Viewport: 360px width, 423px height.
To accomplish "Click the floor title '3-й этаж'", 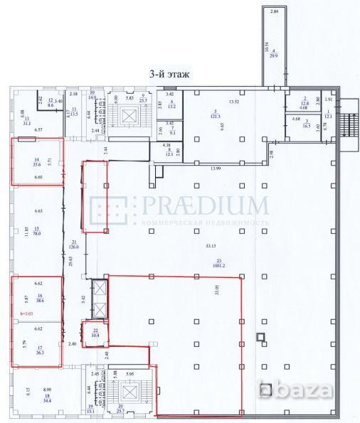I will pos(172,73).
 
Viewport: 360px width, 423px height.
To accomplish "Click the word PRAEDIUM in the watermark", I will pos(205,206).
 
